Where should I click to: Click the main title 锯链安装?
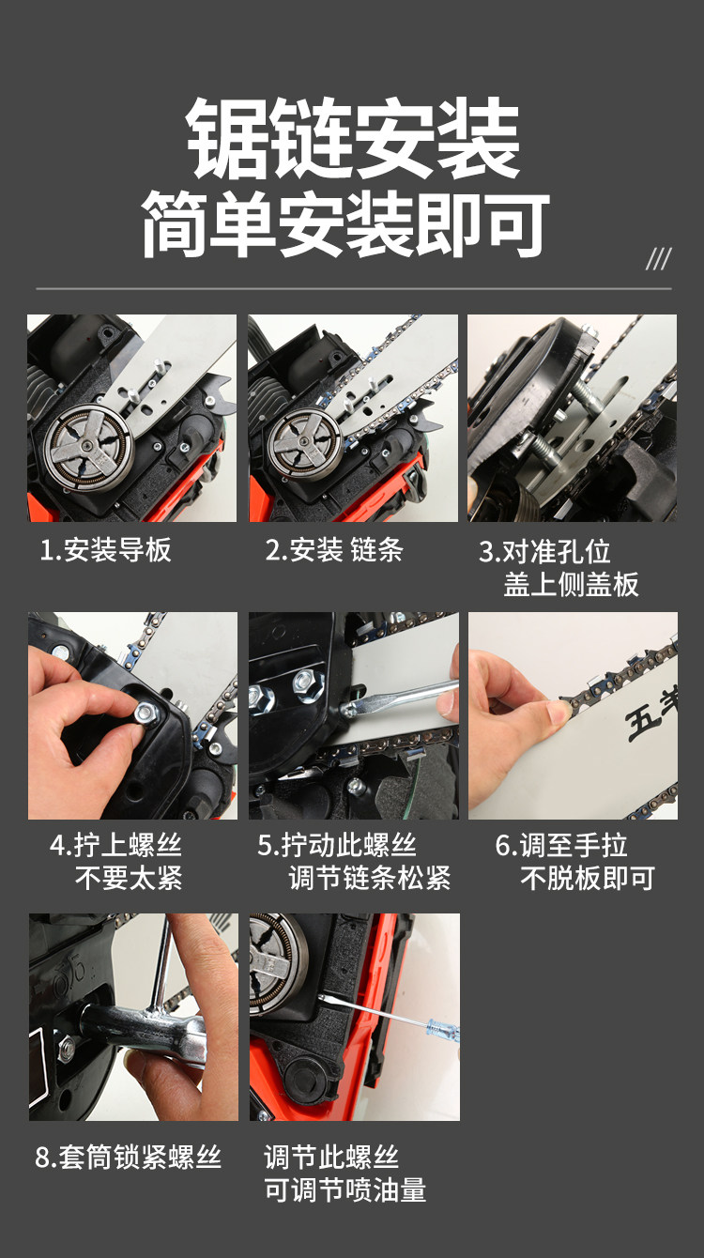[x=353, y=138]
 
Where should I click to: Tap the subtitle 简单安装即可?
[x=345, y=224]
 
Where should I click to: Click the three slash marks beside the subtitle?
[x=659, y=259]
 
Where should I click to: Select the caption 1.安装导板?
[x=105, y=550]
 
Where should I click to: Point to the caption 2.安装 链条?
[x=334, y=550]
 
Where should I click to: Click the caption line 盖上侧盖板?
[x=571, y=585]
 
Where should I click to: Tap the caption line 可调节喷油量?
[x=345, y=1190]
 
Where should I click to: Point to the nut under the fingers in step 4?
[x=145, y=713]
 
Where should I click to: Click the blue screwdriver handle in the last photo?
[x=443, y=1030]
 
